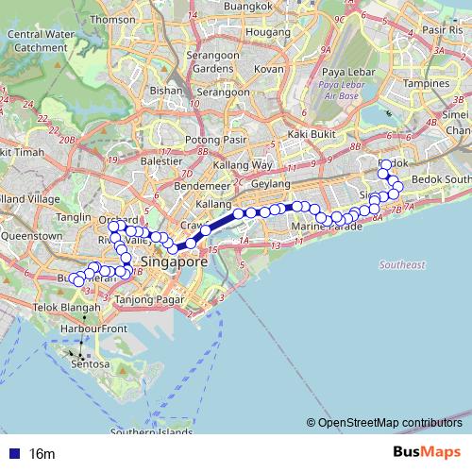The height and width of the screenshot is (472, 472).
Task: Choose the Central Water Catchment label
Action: (39, 41)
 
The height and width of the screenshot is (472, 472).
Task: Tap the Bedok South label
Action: (441, 178)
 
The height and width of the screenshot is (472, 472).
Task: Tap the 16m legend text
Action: (42, 454)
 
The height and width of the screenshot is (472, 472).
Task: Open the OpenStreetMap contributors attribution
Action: (389, 423)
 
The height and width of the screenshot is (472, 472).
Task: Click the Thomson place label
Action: (113, 19)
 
